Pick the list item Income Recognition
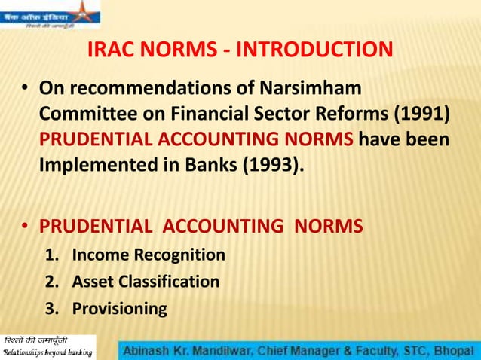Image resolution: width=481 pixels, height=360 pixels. coord(149,255)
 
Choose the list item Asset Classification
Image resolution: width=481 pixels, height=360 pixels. coord(146,282)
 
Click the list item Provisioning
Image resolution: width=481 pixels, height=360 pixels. coord(119,308)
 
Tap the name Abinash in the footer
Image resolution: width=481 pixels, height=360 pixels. coord(150,350)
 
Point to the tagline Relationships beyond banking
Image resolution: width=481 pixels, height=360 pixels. coord(47,352)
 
